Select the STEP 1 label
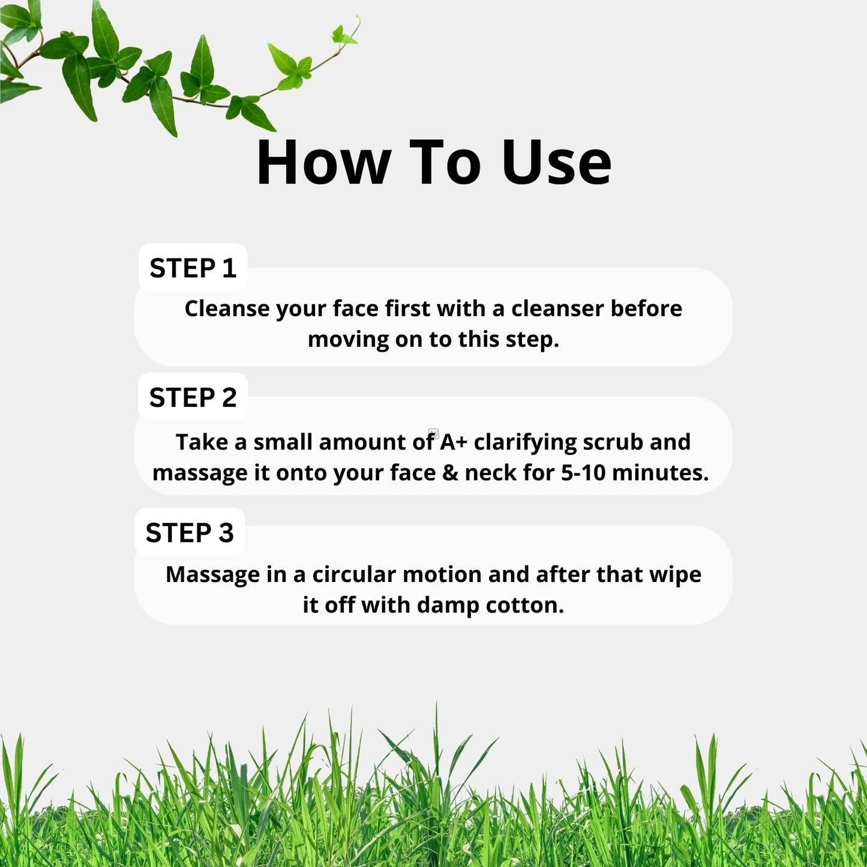coord(193,268)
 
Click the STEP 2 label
coord(193,397)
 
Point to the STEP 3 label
coord(190,533)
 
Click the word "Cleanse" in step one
coord(227,308)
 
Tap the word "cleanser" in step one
coord(557,308)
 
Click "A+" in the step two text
coord(454,442)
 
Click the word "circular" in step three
coord(354,574)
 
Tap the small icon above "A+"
coord(434,433)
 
